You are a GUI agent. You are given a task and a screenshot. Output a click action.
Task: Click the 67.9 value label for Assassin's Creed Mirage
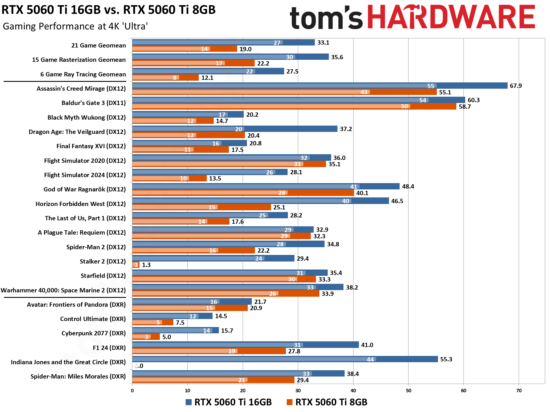[516, 86]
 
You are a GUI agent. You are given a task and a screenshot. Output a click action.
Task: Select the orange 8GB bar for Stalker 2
[136, 265]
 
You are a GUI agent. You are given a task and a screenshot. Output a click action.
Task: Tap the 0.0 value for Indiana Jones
[139, 366]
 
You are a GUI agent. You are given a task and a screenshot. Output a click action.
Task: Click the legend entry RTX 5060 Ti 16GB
[228, 402]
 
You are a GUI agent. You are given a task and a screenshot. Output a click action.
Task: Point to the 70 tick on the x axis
[519, 391]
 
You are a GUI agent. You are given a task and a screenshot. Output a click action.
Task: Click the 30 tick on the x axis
[298, 391]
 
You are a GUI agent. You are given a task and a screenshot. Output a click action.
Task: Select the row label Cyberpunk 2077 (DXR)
[93, 333]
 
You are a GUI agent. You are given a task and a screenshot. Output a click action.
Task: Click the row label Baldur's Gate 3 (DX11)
[93, 103]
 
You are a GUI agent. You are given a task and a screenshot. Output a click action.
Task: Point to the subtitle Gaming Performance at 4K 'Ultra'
[75, 26]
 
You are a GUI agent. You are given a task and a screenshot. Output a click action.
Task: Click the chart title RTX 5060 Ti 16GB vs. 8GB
[108, 10]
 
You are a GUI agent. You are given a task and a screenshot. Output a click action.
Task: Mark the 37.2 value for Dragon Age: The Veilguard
[346, 129]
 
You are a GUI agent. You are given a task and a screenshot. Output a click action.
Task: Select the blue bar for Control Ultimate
[172, 316]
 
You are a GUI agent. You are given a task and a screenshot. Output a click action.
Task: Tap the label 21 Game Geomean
[98, 45]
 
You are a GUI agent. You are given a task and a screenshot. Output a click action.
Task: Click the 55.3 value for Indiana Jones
[446, 359]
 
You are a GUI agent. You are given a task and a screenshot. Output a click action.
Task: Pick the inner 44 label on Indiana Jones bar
[370, 360]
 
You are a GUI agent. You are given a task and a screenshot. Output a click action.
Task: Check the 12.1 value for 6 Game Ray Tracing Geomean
[207, 78]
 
